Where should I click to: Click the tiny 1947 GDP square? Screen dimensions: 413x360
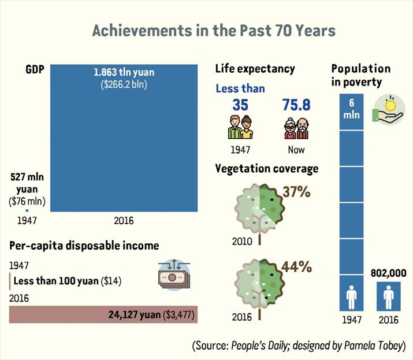pyautogui.click(x=27, y=210)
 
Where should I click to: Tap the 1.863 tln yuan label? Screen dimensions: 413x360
pyautogui.click(x=124, y=72)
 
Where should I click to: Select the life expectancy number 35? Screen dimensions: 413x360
pyautogui.click(x=240, y=105)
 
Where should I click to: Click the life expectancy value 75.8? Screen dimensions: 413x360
pyautogui.click(x=296, y=105)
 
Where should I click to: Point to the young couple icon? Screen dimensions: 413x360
pyautogui.click(x=240, y=127)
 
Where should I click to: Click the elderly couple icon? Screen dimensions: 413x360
pyautogui.click(x=296, y=128)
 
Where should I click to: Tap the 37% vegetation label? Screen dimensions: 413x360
pyautogui.click(x=296, y=192)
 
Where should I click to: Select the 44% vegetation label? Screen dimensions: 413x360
pyautogui.click(x=296, y=267)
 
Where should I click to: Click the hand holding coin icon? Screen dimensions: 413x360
pyautogui.click(x=388, y=110)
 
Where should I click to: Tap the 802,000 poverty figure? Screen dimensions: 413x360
pyautogui.click(x=389, y=273)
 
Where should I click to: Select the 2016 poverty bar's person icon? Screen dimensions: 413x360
pyautogui.click(x=389, y=298)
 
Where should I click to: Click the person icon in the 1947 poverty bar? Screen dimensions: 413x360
pyautogui.click(x=351, y=297)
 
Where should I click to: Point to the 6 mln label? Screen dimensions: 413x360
pyautogui.click(x=351, y=109)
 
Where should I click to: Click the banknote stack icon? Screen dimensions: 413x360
pyautogui.click(x=174, y=275)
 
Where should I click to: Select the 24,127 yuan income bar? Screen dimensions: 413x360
pyautogui.click(x=103, y=314)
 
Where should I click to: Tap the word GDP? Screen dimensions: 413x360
pyautogui.click(x=35, y=69)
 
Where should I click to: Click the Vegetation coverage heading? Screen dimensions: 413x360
pyautogui.click(x=267, y=169)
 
